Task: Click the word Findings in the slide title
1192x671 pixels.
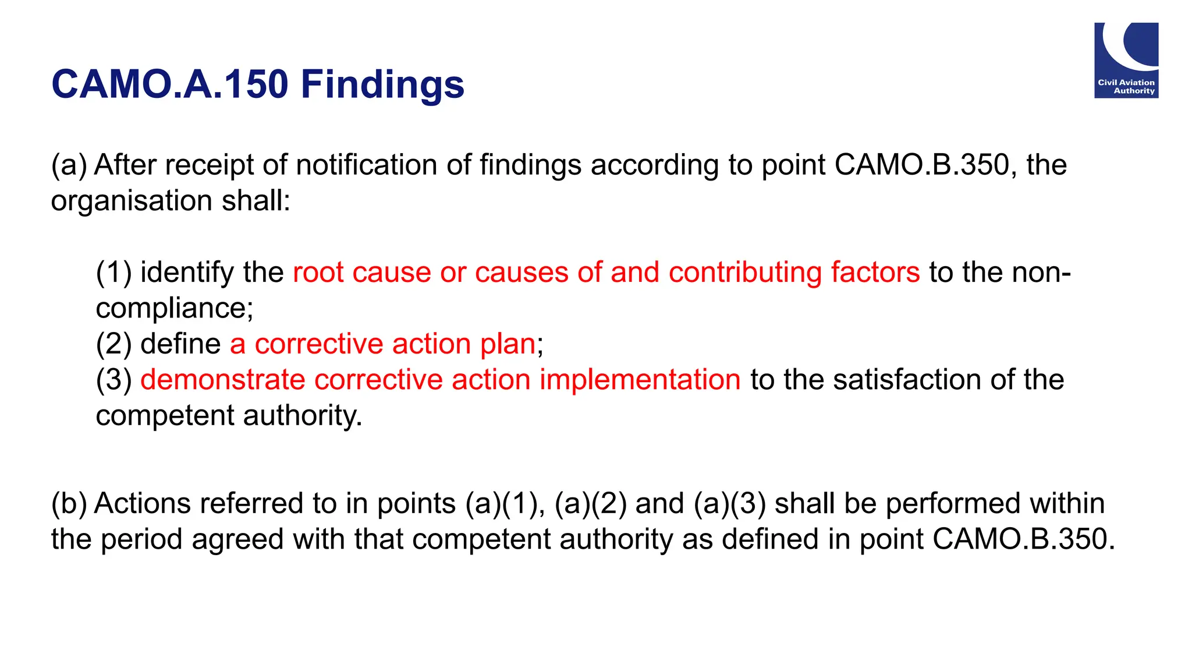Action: point(382,85)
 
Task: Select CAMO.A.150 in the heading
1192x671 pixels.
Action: point(169,85)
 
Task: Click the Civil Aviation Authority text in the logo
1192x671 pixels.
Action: point(1126,87)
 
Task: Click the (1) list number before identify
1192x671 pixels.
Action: point(113,273)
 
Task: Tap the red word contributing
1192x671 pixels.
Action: point(745,273)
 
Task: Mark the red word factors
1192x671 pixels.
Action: point(875,273)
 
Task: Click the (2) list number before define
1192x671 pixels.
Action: point(113,344)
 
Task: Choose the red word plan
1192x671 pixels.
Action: point(508,344)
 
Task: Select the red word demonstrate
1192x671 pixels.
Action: point(222,380)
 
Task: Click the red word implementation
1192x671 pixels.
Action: point(640,380)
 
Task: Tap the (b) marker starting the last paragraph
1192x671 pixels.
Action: point(68,504)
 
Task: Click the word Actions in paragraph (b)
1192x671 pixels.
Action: point(142,504)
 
